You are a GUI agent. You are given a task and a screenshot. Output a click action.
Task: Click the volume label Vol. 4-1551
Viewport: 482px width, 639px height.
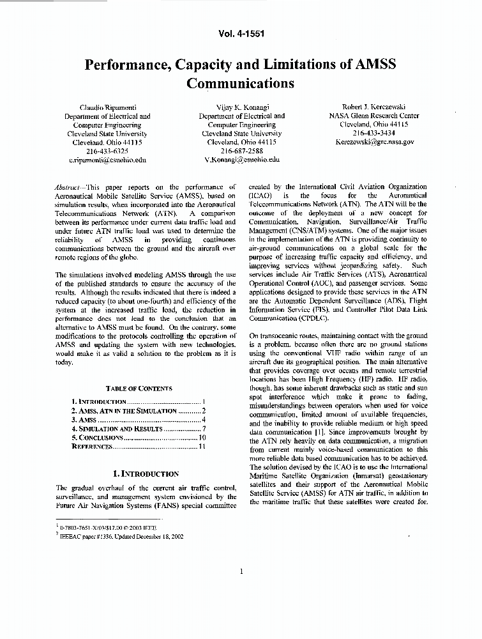tap(241, 33)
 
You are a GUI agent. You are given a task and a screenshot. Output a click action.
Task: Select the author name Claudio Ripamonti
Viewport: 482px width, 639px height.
tap(107, 107)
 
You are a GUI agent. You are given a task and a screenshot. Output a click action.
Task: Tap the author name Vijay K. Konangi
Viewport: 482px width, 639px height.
tap(242, 107)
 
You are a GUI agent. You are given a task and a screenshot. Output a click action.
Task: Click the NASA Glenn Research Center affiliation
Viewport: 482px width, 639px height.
tap(374, 116)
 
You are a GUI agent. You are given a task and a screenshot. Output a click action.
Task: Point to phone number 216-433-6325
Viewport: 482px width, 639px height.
tap(107, 151)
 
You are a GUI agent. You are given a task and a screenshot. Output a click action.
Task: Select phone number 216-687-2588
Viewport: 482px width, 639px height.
tap(242, 151)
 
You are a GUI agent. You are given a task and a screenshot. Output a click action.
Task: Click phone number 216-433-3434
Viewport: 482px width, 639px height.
tap(374, 133)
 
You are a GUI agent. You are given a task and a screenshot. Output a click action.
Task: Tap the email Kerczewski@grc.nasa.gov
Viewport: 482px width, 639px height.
tap(374, 142)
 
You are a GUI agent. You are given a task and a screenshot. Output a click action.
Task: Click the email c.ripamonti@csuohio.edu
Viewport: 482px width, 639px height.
tap(107, 160)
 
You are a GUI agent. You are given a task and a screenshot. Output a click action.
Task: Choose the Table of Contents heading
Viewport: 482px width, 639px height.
tap(139, 388)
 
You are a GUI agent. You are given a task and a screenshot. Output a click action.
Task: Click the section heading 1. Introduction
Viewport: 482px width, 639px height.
tap(146, 474)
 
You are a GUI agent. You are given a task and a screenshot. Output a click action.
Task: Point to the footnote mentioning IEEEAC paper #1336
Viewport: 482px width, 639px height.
tap(121, 536)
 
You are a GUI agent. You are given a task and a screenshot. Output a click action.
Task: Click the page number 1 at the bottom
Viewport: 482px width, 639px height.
tap(241, 571)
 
